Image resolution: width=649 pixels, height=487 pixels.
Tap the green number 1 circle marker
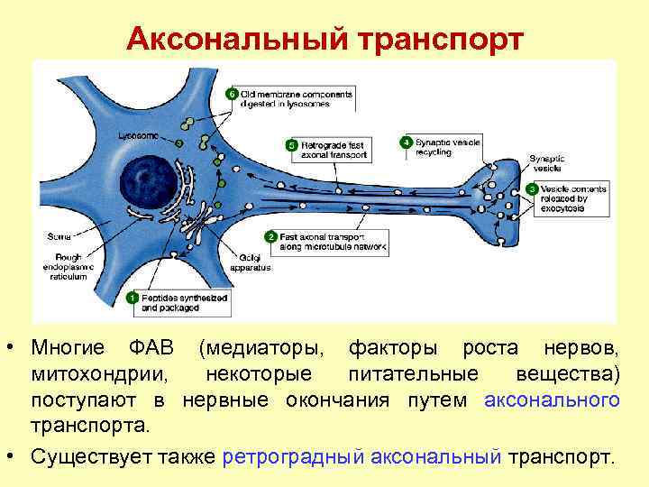point(133,298)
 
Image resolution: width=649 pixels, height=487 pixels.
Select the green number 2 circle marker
point(270,236)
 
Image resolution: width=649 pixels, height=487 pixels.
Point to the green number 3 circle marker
point(533,189)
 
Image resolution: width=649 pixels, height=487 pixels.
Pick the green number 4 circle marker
point(407,142)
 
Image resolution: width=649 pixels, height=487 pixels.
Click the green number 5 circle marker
point(291,145)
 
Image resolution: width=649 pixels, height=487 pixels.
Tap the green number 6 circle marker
point(231,94)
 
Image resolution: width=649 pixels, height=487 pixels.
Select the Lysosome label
point(137,135)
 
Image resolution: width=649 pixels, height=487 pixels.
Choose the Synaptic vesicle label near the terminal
point(547,163)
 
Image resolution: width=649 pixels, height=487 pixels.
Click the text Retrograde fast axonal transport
point(335,150)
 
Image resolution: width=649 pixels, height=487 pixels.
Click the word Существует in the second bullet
point(90,456)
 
